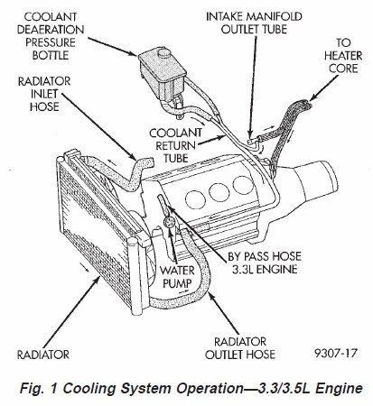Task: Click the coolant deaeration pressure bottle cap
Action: pyautogui.click(x=164, y=54)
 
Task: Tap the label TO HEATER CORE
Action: pyautogui.click(x=343, y=56)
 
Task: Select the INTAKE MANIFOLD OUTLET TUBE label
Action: pyautogui.click(x=254, y=23)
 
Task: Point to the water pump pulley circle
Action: pyautogui.click(x=168, y=223)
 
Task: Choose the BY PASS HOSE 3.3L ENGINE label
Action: pyautogui.click(x=265, y=263)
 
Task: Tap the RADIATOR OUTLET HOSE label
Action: pyautogui.click(x=240, y=348)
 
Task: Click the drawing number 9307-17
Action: pyautogui.click(x=336, y=353)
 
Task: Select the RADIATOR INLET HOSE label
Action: pyautogui.click(x=44, y=94)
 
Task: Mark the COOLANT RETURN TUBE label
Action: pyautogui.click(x=175, y=145)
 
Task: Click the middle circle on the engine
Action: pyautogui.click(x=219, y=192)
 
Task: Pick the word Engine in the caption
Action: pyautogui.click(x=339, y=389)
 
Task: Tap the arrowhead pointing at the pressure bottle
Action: pyautogui.click(x=134, y=53)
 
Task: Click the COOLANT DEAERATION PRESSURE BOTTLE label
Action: pyautogui.click(x=51, y=36)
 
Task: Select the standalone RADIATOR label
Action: pyautogui.click(x=43, y=355)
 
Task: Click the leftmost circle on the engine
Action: pyautogui.click(x=195, y=198)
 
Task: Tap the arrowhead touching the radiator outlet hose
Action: pyautogui.click(x=211, y=297)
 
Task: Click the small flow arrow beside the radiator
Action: pyautogui.click(x=85, y=267)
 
